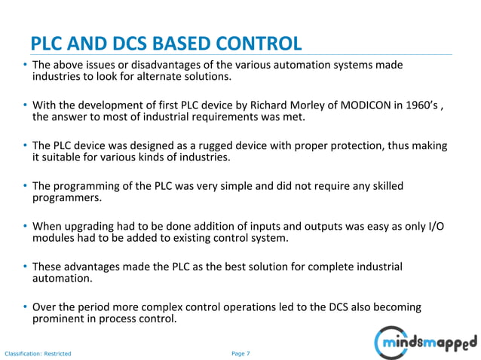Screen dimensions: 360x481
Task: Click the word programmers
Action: click(x=65, y=198)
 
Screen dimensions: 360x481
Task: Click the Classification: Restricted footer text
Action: click(x=38, y=352)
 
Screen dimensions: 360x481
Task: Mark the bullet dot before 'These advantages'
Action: click(x=24, y=267)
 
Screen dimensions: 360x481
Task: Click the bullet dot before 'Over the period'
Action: click(x=24, y=307)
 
